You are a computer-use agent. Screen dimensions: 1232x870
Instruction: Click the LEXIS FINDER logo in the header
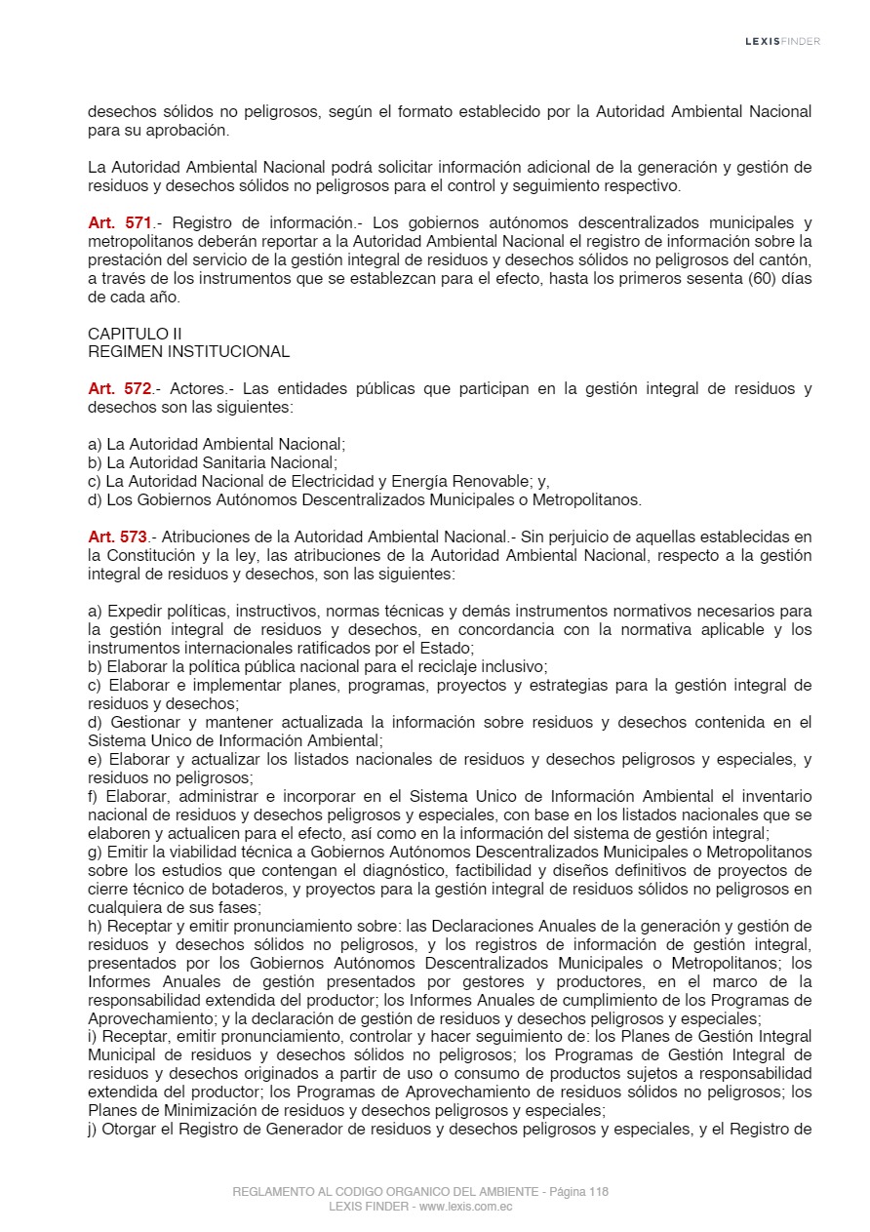coord(782,41)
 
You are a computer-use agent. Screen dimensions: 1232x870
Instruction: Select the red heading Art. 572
coord(119,389)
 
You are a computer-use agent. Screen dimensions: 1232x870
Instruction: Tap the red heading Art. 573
coord(117,537)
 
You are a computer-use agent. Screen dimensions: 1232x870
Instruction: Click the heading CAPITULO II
coord(135,334)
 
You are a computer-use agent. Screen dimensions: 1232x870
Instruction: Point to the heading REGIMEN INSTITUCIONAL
coord(188,352)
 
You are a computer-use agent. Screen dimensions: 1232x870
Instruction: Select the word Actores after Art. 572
coord(197,389)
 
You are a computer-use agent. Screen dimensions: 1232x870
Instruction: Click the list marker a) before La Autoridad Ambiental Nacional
coord(95,445)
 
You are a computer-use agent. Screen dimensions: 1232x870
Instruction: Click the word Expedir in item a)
coord(133,612)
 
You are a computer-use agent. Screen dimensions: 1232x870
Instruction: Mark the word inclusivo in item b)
coord(513,667)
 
